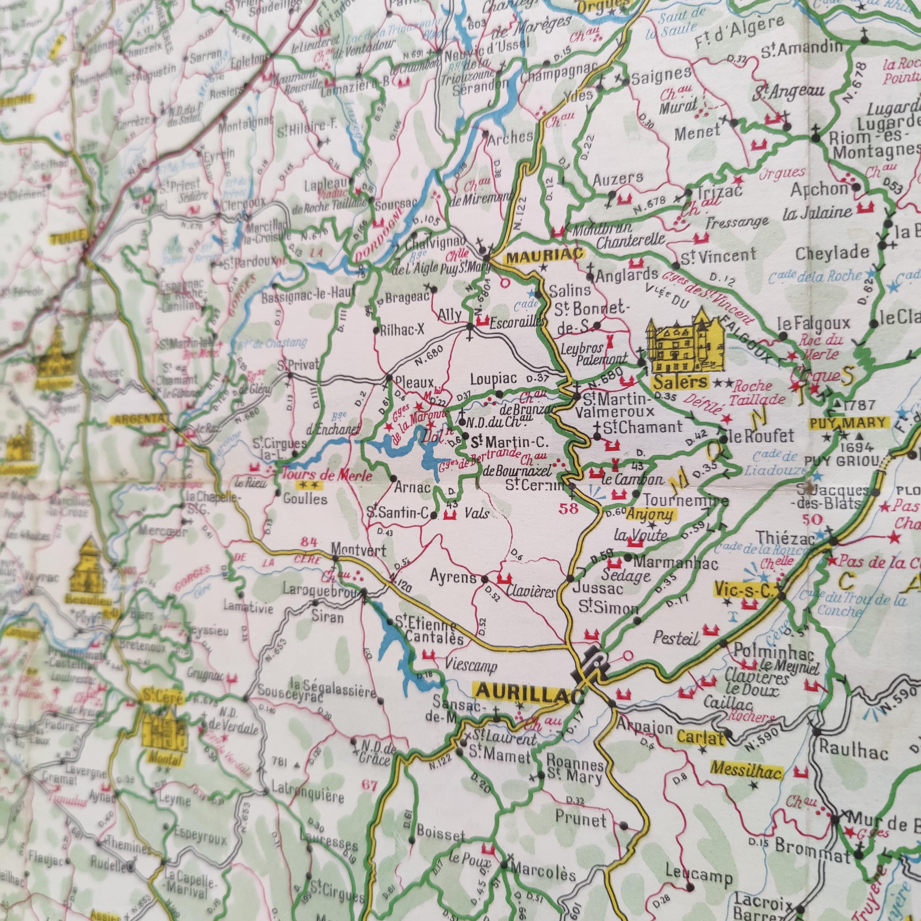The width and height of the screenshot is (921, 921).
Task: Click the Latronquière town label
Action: pos(308,797)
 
